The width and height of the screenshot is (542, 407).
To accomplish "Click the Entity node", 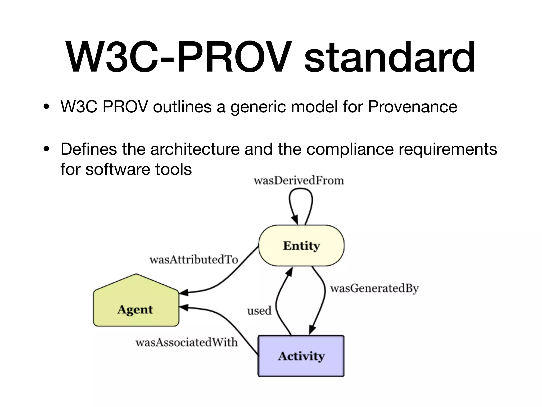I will coord(301,246).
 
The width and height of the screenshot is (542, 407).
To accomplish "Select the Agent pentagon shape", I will coord(136,305).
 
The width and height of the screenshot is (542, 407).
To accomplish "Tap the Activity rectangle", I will coord(301,356).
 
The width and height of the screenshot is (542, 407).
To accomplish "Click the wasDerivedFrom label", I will coord(299,181).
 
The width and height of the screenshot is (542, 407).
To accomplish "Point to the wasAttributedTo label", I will coord(194,260).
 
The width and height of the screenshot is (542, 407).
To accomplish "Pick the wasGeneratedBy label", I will coord(374,288).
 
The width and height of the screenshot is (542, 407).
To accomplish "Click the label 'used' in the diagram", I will coord(259,311).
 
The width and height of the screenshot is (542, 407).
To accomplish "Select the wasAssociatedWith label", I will coord(187,343).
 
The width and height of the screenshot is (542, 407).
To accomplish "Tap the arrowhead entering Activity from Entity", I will coord(312,330).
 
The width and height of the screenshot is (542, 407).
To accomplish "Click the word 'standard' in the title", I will coord(390,58).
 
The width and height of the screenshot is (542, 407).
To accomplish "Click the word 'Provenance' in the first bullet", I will coord(412,107).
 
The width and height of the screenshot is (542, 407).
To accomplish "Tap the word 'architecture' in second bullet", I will coord(195,149).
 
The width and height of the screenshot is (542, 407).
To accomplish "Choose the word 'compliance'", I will coord(350,149).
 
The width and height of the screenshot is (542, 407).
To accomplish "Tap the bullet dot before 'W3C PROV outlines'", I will coord(47,107).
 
